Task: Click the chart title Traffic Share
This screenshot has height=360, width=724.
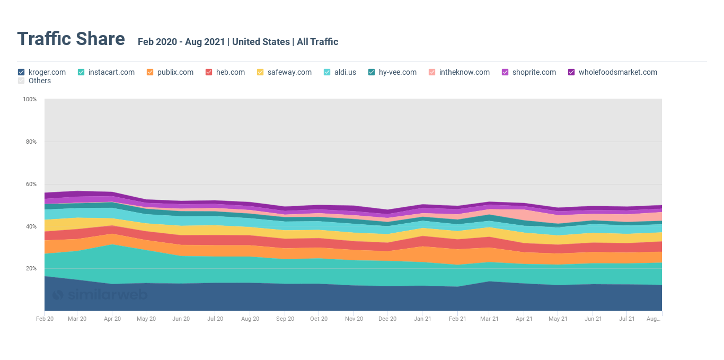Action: click(x=71, y=39)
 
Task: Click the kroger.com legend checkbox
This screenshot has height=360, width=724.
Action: click(x=21, y=72)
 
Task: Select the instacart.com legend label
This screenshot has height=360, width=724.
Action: click(x=111, y=72)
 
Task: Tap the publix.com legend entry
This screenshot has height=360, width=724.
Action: click(x=175, y=72)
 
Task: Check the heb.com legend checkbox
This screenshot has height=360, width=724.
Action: click(x=209, y=72)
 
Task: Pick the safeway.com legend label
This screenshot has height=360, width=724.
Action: click(x=289, y=72)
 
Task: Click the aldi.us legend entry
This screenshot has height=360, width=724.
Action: click(x=345, y=72)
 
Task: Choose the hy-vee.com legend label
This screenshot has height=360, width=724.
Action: click(x=398, y=72)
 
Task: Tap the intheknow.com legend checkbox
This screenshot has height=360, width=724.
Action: click(x=431, y=72)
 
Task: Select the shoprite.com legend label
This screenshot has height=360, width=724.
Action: click(x=534, y=72)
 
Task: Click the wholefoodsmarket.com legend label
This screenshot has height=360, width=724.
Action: click(x=617, y=72)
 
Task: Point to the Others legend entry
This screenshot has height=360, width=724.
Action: click(x=39, y=81)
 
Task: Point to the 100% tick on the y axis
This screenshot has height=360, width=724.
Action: click(x=30, y=99)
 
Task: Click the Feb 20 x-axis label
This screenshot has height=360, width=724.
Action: click(x=45, y=319)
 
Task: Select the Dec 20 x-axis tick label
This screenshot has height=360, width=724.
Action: click(x=387, y=319)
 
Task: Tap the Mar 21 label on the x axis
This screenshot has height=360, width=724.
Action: click(x=489, y=319)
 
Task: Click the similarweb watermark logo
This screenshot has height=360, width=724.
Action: click(x=100, y=295)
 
